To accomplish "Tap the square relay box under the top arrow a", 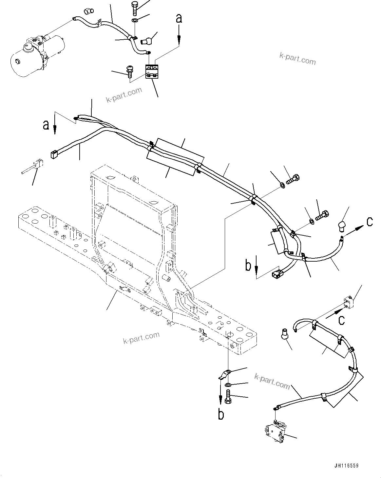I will [151, 71].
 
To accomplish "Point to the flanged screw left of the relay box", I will [129, 70].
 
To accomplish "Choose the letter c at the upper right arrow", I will [369, 222].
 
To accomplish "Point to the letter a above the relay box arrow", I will [179, 18].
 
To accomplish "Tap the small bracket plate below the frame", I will [225, 374].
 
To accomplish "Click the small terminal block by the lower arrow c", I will [348, 301].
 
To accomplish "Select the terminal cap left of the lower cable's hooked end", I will [284, 333].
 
